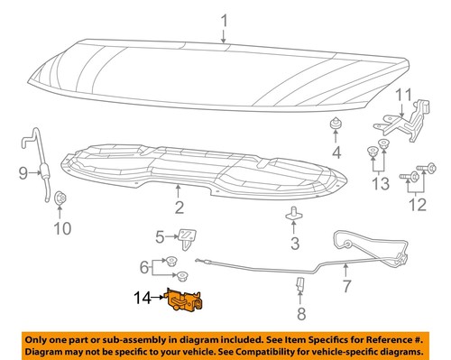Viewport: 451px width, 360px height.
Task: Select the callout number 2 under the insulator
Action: tap(179, 209)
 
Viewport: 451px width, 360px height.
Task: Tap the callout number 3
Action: tap(294, 244)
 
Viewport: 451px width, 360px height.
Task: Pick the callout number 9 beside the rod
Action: tap(23, 172)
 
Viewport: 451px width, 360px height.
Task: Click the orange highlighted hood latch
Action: tap(184, 302)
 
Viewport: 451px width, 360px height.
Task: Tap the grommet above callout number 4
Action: tap(336, 123)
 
